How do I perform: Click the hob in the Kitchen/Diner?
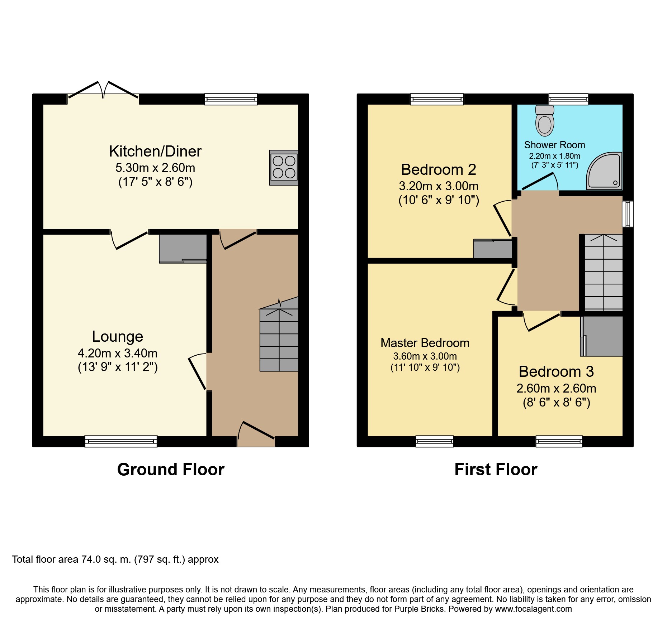tap(284, 167)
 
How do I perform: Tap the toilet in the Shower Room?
tap(544, 121)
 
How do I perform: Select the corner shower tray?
tap(604, 171)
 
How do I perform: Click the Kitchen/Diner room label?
tap(155, 151)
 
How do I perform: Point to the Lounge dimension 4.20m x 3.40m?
tap(118, 354)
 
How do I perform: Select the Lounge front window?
tap(121, 441)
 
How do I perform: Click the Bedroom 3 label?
tap(556, 371)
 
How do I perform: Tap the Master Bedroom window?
tap(434, 441)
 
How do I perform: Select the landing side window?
tap(628, 214)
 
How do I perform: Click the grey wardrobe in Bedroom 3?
tap(602, 336)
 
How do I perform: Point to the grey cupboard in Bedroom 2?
tap(492, 249)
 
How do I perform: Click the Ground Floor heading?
tap(171, 470)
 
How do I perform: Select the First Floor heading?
tap(496, 470)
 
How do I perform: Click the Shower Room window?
tap(568, 99)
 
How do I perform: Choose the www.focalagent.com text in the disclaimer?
tap(533, 609)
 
